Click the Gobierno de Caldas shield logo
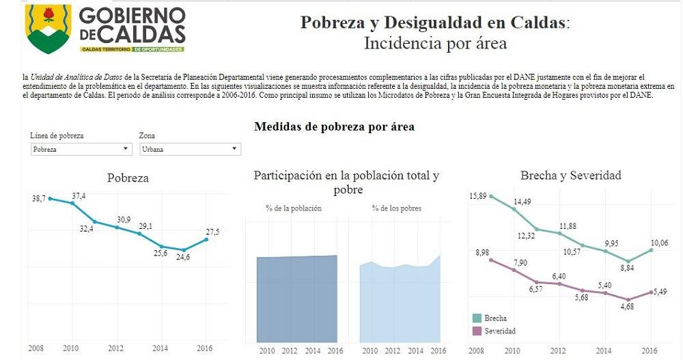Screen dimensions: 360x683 tap(48, 29)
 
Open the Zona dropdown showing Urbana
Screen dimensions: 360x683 tap(189, 148)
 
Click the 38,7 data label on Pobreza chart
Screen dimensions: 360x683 tap(38, 198)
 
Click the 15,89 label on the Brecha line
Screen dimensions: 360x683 tap(478, 197)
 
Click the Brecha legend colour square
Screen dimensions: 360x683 tap(477, 318)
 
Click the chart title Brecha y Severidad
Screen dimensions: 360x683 tap(570, 176)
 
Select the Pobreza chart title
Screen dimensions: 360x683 tap(128, 178)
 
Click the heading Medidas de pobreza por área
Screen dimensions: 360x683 tap(334, 126)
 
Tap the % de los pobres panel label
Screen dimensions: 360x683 tap(396, 208)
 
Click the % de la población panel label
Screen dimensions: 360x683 tap(294, 208)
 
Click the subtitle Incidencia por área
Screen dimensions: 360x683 tap(435, 44)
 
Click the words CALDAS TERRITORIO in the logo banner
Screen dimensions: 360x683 tap(106, 50)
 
